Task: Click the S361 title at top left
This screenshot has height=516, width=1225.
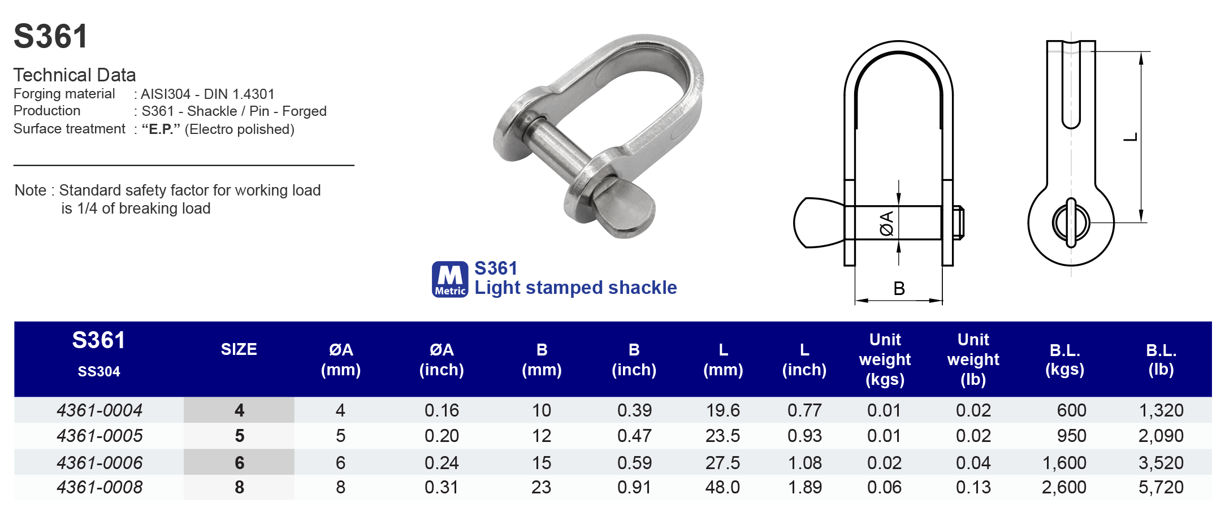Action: click(x=50, y=37)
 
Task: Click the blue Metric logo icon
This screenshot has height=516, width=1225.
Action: click(x=450, y=279)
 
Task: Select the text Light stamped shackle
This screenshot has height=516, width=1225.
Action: click(x=575, y=288)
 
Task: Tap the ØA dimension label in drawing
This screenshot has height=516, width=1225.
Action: click(x=886, y=223)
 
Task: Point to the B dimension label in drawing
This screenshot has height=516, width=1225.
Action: click(x=899, y=289)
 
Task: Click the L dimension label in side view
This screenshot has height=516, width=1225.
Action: click(x=1130, y=137)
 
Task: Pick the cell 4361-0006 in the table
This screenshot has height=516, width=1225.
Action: click(x=99, y=463)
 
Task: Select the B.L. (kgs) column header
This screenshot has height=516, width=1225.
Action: click(x=1064, y=359)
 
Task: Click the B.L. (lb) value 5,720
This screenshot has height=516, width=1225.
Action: click(x=1161, y=487)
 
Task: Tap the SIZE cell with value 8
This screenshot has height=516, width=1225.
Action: click(x=239, y=487)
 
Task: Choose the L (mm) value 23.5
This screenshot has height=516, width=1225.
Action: click(x=722, y=436)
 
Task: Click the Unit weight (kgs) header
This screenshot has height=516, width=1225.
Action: click(x=885, y=359)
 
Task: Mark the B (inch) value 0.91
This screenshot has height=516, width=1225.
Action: click(x=634, y=487)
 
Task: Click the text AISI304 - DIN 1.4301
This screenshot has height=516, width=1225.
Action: click(x=207, y=94)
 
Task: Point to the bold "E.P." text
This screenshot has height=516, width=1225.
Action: click(x=161, y=129)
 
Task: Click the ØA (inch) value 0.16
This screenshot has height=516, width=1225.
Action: click(x=441, y=410)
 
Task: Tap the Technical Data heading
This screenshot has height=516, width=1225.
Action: click(x=75, y=75)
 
